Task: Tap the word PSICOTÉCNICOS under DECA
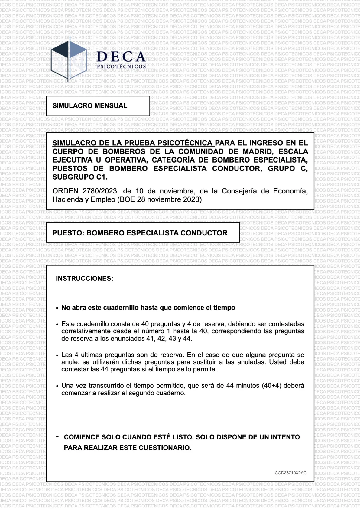(x=121, y=66)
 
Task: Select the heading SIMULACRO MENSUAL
(x=90, y=106)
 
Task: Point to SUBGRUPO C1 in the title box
(x=80, y=177)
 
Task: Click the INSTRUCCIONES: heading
(x=84, y=278)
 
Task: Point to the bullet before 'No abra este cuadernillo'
(x=57, y=308)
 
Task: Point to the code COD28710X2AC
(x=290, y=473)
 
